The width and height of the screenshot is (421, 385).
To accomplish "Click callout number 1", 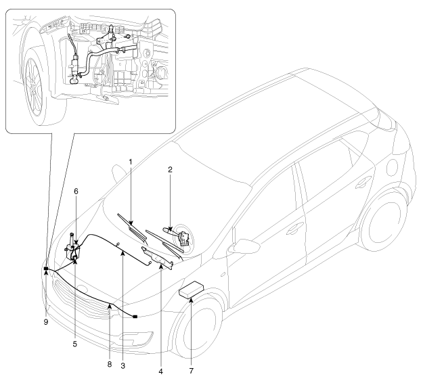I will coord(131,163).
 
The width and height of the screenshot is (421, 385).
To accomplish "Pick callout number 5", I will coord(75,344).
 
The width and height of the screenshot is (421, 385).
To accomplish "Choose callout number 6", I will coord(76,191).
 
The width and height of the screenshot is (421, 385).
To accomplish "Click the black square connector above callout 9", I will coord(45,269).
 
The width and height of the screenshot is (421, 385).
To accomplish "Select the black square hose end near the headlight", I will coord(135,316).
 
